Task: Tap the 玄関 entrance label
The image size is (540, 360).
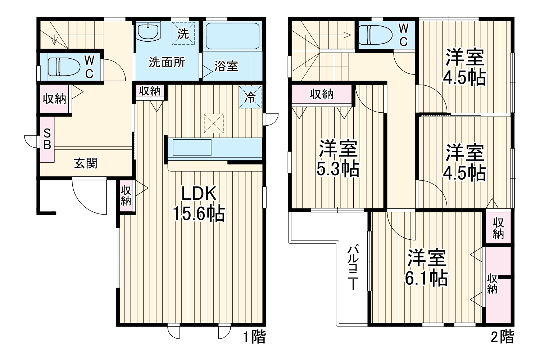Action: point(86,163)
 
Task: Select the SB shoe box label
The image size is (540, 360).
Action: point(47,139)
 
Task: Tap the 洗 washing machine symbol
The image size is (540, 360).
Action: point(183,34)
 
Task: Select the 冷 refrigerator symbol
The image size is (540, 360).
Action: point(250,97)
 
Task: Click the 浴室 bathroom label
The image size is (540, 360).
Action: point(226,66)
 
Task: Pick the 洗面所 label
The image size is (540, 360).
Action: point(167,63)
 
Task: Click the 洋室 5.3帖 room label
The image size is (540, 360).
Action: point(338,158)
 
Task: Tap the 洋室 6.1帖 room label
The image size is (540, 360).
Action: point(427,267)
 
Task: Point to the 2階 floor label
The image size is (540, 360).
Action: point(502,337)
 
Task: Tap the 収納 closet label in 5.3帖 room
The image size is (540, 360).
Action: point(322,94)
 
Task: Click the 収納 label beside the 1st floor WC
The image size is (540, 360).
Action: point(55,99)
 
